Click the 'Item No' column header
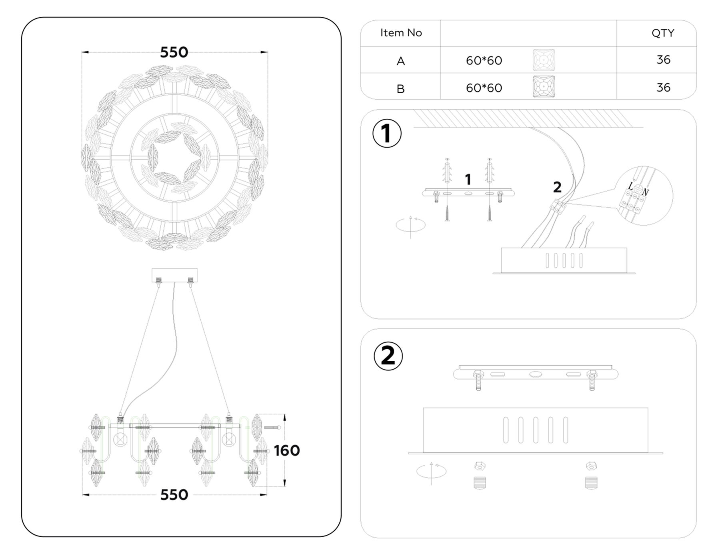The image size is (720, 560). click(x=401, y=33)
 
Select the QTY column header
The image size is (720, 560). click(x=663, y=33)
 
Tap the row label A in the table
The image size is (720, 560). click(x=400, y=61)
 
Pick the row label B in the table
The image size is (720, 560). click(x=400, y=88)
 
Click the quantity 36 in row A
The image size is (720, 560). click(x=663, y=60)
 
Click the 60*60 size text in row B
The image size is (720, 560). click(x=484, y=88)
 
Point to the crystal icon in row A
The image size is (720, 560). click(x=544, y=60)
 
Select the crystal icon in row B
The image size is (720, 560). click(x=544, y=87)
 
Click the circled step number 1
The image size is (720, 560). click(x=387, y=133)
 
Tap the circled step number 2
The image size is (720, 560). click(x=388, y=356)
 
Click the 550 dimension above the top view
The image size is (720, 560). click(x=174, y=52)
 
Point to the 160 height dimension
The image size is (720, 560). click(x=287, y=451)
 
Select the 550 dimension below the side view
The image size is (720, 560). click(x=174, y=495)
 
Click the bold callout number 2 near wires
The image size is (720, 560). click(x=557, y=187)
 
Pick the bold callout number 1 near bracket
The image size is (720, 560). click(x=468, y=180)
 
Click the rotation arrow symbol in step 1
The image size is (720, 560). click(x=410, y=225)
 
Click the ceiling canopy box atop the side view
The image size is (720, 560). click(x=174, y=275)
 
